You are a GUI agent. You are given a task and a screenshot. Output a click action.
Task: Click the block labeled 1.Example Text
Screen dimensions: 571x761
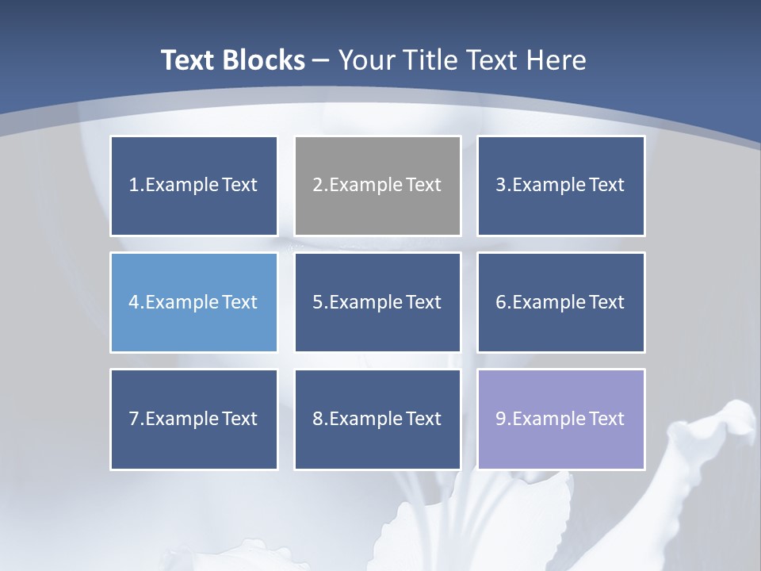coord(193,186)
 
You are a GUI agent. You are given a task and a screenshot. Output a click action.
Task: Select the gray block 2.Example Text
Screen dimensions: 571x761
coord(377,186)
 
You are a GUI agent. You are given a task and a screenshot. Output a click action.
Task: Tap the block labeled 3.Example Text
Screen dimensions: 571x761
coord(560,186)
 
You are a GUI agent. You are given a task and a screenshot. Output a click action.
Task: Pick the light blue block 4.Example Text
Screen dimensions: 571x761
coord(193,302)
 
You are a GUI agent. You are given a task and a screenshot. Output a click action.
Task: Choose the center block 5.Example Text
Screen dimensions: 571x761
coord(377,302)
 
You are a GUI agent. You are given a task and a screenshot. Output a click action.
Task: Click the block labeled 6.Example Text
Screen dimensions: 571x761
coord(560,302)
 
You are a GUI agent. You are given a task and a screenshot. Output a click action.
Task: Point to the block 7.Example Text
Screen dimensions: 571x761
coord(193,419)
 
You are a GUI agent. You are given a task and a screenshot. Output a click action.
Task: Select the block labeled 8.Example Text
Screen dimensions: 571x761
coord(377,419)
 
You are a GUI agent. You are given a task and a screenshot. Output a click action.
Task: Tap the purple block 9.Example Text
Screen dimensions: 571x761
coord(560,419)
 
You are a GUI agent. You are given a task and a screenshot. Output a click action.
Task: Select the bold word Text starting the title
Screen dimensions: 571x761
coord(189,60)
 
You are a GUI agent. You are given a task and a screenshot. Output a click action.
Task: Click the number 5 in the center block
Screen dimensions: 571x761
coord(317,302)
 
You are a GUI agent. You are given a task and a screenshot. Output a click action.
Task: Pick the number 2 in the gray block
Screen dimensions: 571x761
coord(317,186)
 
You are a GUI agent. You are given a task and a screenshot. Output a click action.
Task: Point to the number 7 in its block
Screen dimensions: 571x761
coord(134,419)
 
